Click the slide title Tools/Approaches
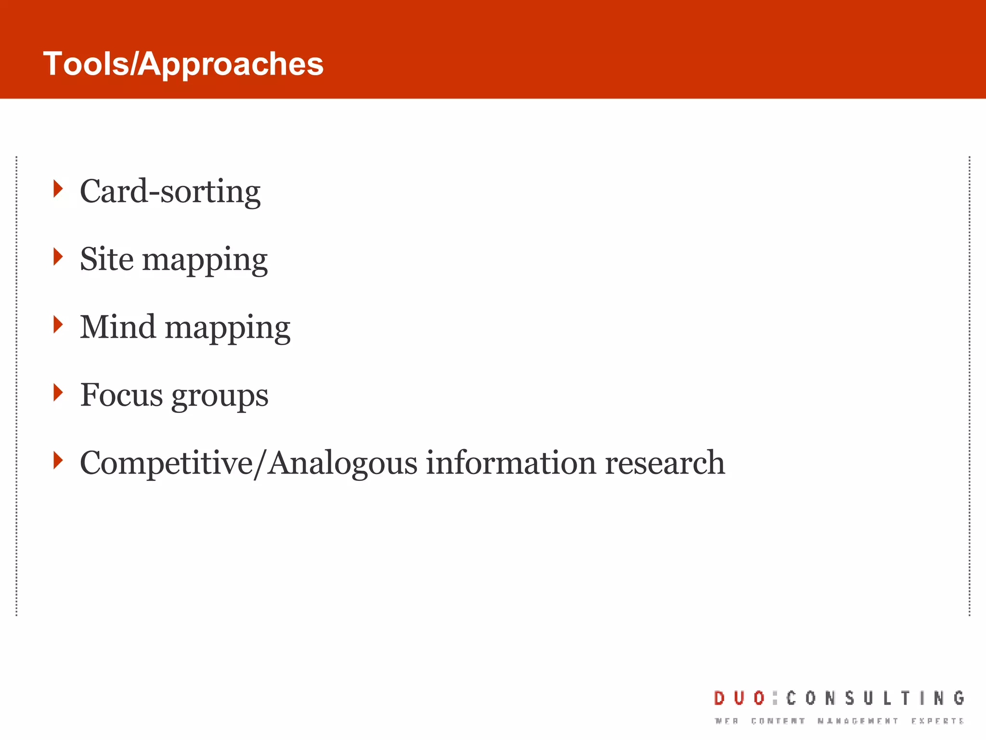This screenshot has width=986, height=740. (183, 64)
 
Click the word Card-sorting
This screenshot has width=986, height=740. (170, 192)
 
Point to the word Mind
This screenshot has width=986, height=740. (117, 327)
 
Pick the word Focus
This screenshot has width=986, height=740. (121, 395)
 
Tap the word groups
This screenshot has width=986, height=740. (220, 396)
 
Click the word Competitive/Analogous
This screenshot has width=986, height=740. (248, 463)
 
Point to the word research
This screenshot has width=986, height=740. (664, 462)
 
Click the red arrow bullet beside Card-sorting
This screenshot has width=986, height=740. (58, 188)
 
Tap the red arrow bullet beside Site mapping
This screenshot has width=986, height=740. (58, 256)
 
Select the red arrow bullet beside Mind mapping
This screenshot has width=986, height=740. (58, 324)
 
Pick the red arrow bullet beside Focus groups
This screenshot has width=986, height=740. (58, 392)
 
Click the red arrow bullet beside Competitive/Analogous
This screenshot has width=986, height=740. (58, 460)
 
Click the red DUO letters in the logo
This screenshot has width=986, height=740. (739, 698)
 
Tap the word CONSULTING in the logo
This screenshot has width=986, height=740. (875, 698)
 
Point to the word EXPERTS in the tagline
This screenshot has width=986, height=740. (937, 721)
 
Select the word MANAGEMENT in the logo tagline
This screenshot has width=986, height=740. (857, 721)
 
